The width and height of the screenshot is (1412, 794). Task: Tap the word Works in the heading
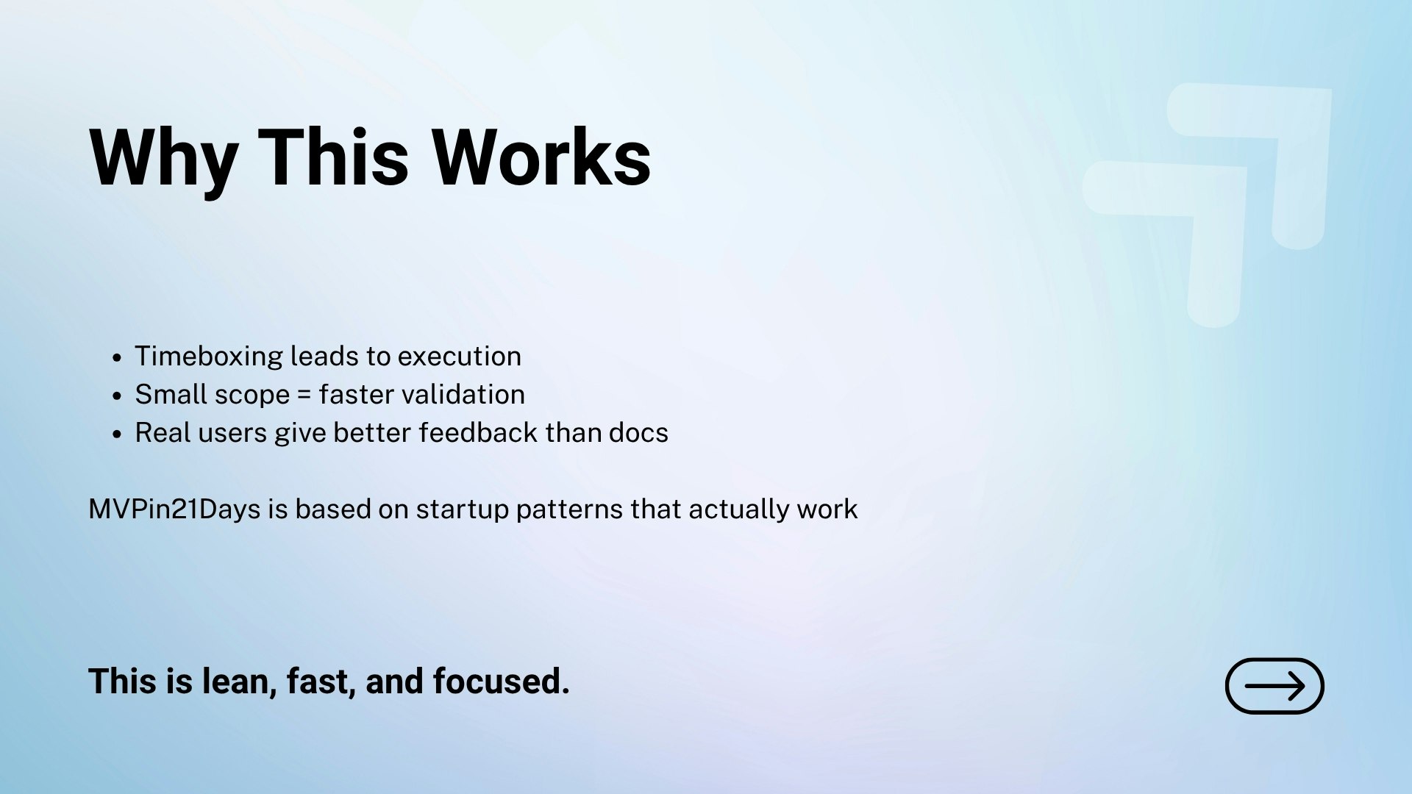tap(541, 157)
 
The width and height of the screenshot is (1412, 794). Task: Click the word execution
tap(460, 357)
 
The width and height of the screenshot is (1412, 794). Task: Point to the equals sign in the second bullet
tap(304, 396)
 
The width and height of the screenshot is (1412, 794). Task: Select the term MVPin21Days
tap(174, 509)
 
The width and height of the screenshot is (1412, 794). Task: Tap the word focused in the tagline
tap(501, 681)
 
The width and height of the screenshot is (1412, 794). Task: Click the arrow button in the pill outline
tap(1274, 686)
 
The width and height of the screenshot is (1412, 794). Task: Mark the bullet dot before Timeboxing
tap(117, 358)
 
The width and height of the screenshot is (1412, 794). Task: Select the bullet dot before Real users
tap(117, 434)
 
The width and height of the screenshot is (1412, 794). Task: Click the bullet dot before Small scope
tap(117, 396)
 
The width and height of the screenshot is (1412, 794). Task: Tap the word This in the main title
tap(333, 157)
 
